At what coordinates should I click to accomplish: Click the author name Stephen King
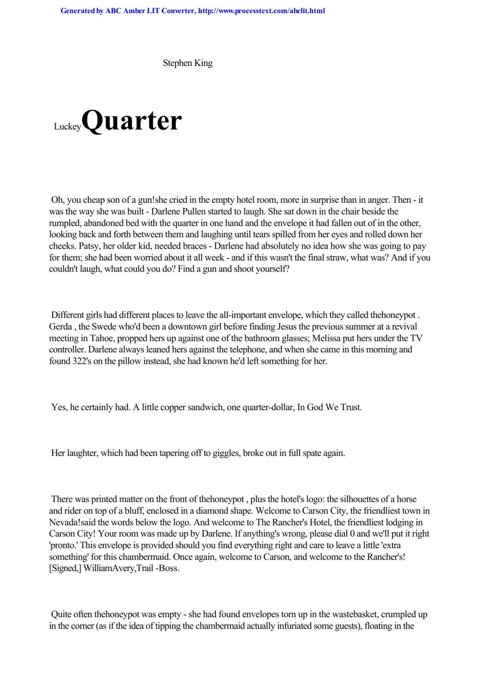(187, 63)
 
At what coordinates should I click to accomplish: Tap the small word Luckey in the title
(67, 127)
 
